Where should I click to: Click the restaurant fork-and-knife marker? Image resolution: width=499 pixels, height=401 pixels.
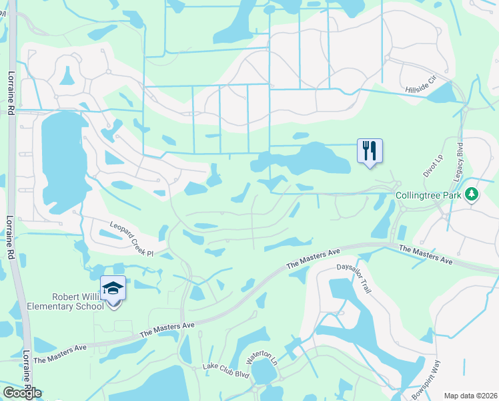tap(370, 150)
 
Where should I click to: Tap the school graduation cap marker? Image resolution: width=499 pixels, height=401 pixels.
tap(113, 288)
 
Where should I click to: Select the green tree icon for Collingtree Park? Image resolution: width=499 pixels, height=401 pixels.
tap(473, 194)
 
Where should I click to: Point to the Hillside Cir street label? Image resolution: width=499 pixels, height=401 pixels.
tap(420, 84)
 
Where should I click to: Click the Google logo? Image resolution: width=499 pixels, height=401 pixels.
tap(22, 392)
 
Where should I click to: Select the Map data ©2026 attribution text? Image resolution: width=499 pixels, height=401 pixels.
tap(470, 396)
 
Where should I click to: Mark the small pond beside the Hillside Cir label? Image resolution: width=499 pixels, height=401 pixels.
tap(440, 94)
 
